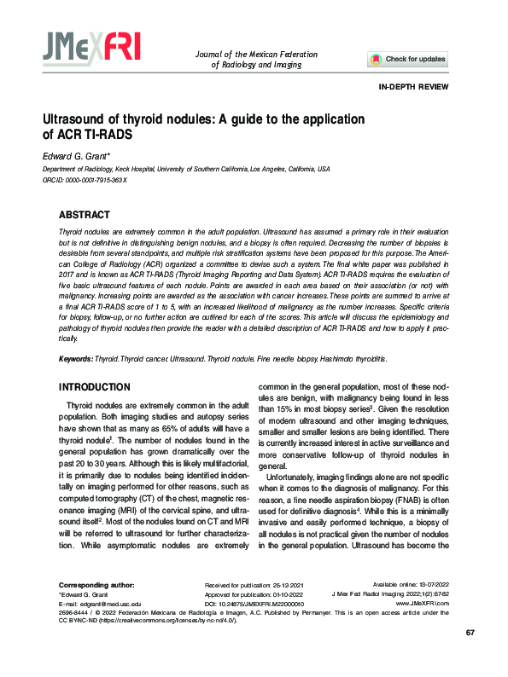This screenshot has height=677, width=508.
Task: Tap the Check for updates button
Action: click(407, 59)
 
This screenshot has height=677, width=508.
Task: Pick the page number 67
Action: click(470, 655)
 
